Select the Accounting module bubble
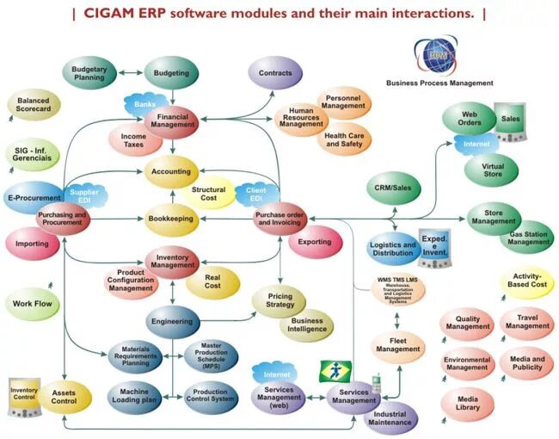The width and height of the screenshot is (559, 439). [171, 171]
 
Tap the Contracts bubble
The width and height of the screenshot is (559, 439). [275, 74]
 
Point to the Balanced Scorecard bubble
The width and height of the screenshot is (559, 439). [34, 105]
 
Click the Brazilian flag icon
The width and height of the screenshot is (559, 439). [335, 371]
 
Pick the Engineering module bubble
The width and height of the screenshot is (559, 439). [172, 321]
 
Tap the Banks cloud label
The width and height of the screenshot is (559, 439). [144, 104]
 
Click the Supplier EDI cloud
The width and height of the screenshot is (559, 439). [84, 195]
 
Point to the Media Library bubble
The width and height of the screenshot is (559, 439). [468, 405]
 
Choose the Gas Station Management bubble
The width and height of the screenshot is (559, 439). [527, 238]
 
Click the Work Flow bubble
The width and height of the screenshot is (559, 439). [33, 304]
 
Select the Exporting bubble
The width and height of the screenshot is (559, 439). [314, 243]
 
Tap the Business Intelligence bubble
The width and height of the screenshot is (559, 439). [307, 325]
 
